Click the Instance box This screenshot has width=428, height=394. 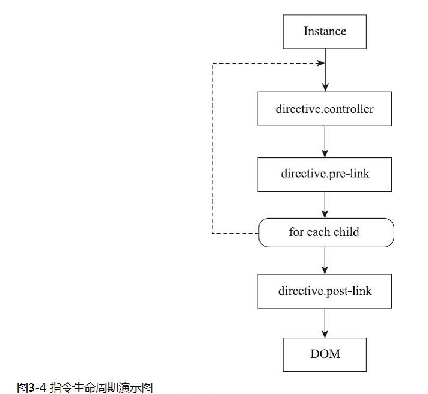pos(325,32)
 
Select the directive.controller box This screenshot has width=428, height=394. pos(325,109)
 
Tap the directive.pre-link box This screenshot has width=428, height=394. pos(325,174)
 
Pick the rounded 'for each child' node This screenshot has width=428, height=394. pos(326,232)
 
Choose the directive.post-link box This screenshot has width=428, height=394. pos(325,291)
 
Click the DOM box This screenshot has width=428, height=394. pos(325,354)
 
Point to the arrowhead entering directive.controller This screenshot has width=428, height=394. pos(325,88)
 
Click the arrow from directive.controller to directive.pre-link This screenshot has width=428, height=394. pos(325,142)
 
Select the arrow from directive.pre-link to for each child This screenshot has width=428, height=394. pos(325,205)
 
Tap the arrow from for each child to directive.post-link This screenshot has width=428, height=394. pos(325,261)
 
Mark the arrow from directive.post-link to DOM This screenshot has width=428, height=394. pos(325,323)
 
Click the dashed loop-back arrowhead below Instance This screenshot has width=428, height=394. pos(320,63)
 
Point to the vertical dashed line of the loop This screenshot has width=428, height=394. pos(212,148)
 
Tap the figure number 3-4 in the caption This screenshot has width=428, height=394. pos(37,387)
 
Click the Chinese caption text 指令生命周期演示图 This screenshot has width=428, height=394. pos(101,387)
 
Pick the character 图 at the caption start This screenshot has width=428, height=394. pos(23,387)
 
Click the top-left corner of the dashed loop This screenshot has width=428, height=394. pos(212,63)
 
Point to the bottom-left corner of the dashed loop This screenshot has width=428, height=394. pos(212,234)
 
